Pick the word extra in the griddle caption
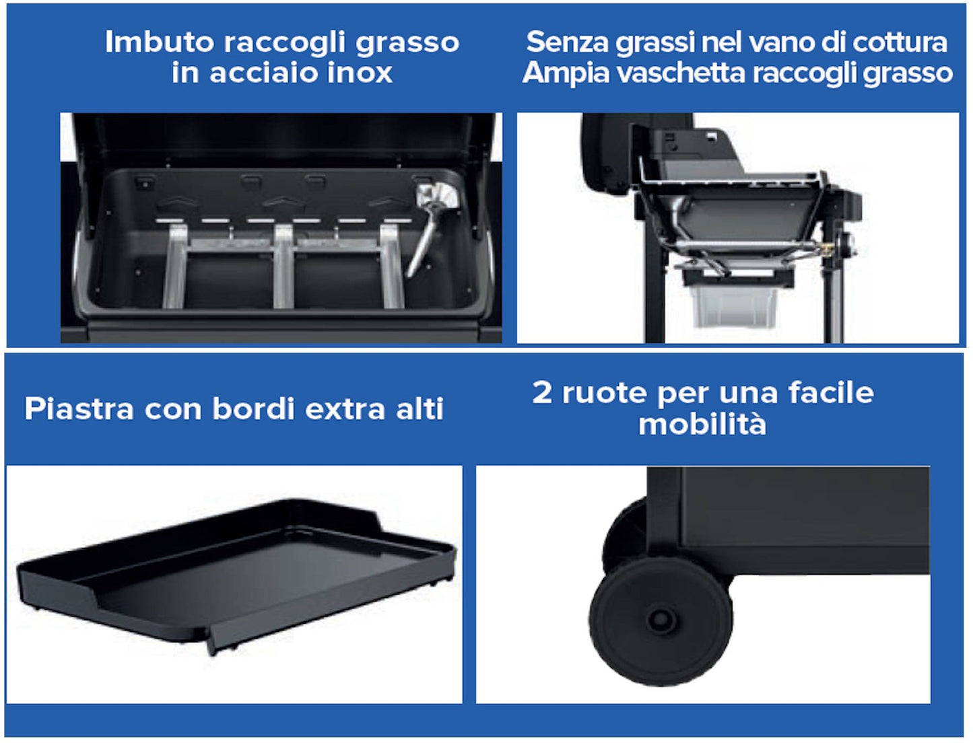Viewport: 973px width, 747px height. tap(345, 409)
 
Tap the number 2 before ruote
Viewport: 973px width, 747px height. tap(542, 393)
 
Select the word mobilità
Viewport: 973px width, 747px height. tap(702, 423)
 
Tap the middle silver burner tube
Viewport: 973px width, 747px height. tap(283, 266)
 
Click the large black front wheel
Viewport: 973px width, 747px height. tap(661, 621)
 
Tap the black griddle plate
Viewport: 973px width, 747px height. tap(236, 576)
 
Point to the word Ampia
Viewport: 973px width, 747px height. tap(565, 73)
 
